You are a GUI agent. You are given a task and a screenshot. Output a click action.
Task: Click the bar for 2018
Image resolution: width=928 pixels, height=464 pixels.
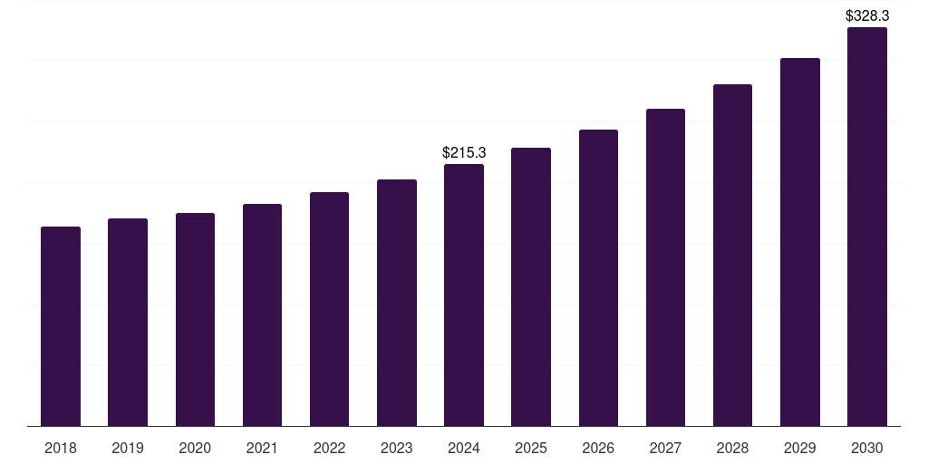[61, 326]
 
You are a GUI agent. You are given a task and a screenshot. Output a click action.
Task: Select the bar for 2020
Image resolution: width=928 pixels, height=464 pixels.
[195, 319]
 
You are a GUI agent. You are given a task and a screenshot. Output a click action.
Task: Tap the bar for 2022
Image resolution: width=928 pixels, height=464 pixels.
[329, 309]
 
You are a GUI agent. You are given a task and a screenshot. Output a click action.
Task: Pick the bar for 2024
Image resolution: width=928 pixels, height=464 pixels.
[464, 295]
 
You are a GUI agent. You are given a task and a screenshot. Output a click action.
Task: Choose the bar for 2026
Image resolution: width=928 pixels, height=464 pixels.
[598, 277]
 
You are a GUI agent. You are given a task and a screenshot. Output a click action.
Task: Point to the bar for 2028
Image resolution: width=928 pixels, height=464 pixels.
[732, 255]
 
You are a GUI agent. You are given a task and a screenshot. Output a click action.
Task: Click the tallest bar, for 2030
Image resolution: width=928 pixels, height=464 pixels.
[867, 227]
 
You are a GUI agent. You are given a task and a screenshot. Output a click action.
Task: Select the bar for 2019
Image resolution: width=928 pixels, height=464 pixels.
[128, 322]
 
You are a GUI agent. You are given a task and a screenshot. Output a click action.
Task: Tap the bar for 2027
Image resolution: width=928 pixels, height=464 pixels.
[665, 267]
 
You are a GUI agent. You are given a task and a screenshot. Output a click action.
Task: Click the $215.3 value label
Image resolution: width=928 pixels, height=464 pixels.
[464, 152]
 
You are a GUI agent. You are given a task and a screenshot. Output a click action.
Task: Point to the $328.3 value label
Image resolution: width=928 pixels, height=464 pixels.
[867, 15]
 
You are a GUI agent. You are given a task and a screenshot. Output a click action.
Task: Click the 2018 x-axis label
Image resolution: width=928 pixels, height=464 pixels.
[61, 448]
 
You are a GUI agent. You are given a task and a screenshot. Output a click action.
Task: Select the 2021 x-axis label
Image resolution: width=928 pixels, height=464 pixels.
[262, 448]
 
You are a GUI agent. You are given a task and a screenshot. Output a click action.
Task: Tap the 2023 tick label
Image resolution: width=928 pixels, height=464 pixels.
[397, 448]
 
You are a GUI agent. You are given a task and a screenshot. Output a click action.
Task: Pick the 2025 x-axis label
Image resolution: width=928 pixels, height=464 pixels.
[531, 448]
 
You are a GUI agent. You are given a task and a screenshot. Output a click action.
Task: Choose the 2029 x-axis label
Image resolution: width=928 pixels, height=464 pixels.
[800, 448]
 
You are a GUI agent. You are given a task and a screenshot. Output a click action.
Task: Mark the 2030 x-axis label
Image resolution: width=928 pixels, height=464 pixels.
[867, 448]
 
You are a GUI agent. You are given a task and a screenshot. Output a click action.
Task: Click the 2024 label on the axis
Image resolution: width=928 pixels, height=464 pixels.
[464, 448]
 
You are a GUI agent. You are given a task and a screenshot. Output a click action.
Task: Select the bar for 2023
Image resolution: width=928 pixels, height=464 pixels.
[397, 303]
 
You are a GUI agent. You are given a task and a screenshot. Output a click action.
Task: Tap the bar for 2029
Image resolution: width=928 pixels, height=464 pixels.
[800, 242]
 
